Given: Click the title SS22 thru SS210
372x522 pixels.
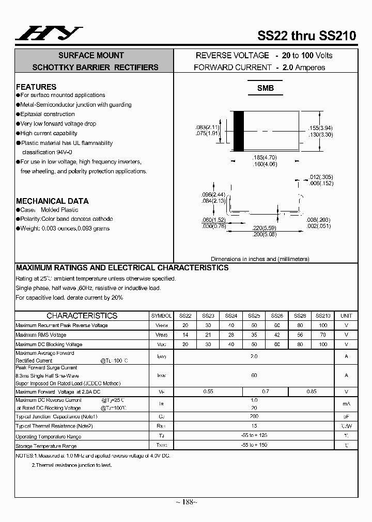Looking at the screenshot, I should tap(306, 36).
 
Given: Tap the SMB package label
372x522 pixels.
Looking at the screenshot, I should tap(266, 88).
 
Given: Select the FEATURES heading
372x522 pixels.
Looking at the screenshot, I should tap(36, 87).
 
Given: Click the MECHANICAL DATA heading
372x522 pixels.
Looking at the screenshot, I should tap(52, 201).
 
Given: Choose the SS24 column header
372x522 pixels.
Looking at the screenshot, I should tap(231, 316).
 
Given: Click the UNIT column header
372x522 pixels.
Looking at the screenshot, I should tap(346, 316).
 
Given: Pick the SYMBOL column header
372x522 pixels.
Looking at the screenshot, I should tap(162, 316).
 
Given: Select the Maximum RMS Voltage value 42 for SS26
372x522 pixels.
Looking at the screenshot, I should tap(277, 335).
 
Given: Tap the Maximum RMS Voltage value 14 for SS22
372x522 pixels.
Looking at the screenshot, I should tap(185, 335).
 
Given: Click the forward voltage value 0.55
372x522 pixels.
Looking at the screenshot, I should tap(208, 392).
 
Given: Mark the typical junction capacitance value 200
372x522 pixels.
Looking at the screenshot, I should tap(254, 416).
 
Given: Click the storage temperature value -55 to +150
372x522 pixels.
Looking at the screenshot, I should tap(254, 445).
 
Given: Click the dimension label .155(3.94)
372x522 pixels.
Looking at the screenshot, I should tap(320, 128).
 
